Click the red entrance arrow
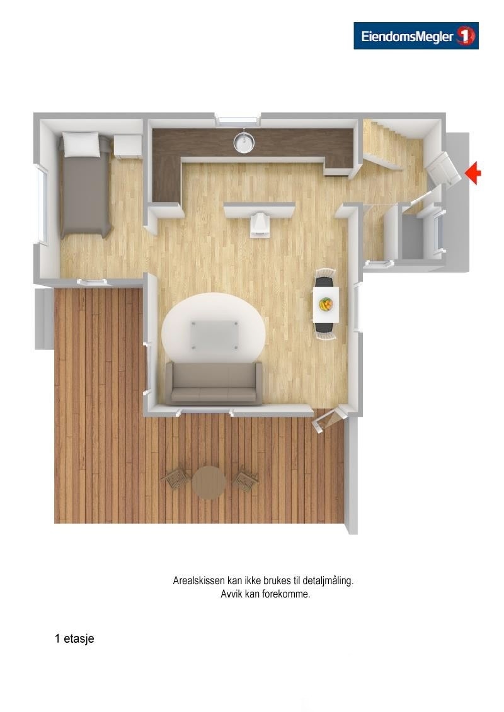pyautogui.click(x=474, y=172)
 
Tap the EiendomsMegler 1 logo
pyautogui.click(x=416, y=36)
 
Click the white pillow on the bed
pyautogui.click(x=81, y=144)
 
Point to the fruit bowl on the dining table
pyautogui.click(x=326, y=305)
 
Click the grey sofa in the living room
pyautogui.click(x=214, y=383)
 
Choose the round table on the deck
pyautogui.click(x=209, y=483)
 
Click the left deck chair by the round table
pyautogui.click(x=175, y=480)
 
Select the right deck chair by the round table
pyautogui.click(x=245, y=481)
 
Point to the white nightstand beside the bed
pyautogui.click(x=128, y=146)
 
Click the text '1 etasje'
pyautogui.click(x=74, y=639)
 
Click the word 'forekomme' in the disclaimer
pyautogui.click(x=287, y=594)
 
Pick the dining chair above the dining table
pyautogui.click(x=326, y=278)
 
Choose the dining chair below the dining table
pyautogui.click(x=326, y=332)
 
